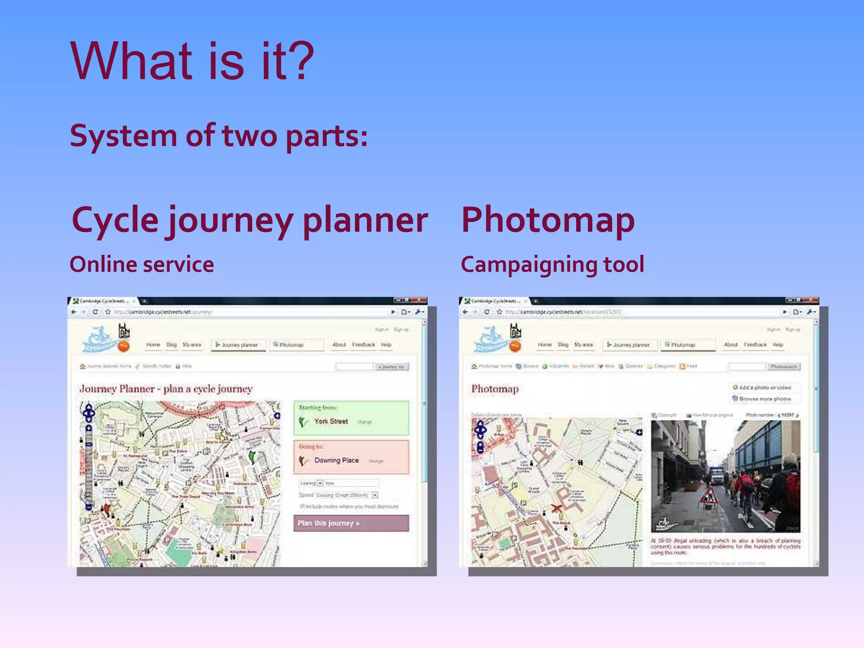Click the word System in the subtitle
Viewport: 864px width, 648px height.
point(123,136)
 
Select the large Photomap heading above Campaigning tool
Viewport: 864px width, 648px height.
point(548,220)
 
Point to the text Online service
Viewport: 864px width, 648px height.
point(142,265)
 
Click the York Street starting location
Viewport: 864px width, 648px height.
point(331,421)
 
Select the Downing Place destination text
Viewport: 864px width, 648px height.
point(336,460)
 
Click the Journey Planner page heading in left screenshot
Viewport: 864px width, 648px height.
point(166,389)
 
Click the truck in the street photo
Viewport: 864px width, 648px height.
point(717,475)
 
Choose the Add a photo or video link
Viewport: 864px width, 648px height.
point(764,387)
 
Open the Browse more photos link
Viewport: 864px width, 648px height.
point(764,399)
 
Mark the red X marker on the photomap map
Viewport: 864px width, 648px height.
point(556,508)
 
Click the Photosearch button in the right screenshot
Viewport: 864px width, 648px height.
point(783,366)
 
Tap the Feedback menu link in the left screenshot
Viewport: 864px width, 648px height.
point(363,345)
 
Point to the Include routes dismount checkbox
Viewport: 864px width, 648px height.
point(302,506)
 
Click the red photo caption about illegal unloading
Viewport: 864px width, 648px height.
point(725,546)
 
